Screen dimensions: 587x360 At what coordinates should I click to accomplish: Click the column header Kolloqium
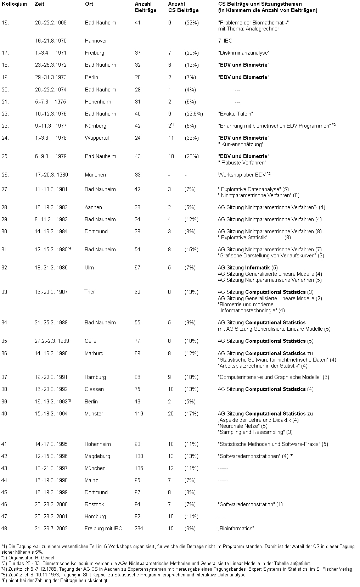14,4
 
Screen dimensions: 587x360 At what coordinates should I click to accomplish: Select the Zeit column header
40,4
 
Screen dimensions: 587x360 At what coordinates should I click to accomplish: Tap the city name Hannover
96,41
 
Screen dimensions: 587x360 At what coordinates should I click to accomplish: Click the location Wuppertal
97,138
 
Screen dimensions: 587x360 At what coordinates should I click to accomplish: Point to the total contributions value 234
139,529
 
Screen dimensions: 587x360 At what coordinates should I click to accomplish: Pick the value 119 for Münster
139,414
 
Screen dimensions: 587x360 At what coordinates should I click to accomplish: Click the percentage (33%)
191,138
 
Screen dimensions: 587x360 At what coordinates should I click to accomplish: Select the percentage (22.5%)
193,114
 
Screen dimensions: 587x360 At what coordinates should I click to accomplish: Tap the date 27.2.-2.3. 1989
52,341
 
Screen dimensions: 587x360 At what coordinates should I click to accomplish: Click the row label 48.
5,529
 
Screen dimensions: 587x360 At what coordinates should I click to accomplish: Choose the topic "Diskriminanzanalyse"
243,53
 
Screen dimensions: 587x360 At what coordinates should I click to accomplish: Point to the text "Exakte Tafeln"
235,114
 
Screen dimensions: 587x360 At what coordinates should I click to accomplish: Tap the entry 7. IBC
225,41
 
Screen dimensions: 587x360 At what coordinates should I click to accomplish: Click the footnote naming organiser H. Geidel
28,558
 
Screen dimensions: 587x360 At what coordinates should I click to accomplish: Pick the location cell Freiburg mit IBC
103,529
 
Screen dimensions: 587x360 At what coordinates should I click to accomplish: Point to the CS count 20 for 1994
171,414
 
